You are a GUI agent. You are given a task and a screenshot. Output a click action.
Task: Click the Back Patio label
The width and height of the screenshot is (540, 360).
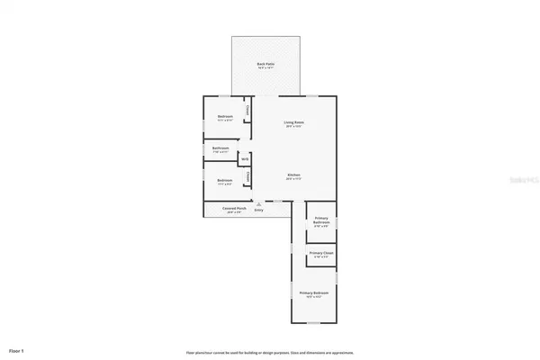tap(265, 64)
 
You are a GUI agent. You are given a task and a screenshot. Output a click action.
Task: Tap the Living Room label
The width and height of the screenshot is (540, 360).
tap(292, 121)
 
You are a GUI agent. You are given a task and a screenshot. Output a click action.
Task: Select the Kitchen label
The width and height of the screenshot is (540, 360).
tap(293, 175)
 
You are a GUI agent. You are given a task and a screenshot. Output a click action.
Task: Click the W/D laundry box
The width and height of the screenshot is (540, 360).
tap(243, 159)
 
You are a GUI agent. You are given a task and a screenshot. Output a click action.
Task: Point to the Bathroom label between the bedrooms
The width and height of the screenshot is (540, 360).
tap(220, 148)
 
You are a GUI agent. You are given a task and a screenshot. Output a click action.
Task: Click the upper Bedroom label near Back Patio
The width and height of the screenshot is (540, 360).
tap(225, 116)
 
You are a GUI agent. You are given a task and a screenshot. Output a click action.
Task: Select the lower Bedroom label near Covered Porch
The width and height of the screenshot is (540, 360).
tap(225, 181)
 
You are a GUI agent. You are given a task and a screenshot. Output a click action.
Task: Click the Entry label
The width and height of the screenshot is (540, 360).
tap(258, 210)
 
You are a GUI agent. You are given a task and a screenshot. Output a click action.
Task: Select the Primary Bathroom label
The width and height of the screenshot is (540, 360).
tap(321, 220)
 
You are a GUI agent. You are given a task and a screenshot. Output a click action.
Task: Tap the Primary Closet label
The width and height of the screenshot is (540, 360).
tap(321, 254)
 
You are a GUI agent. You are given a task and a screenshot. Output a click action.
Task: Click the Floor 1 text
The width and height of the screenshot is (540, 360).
tap(16, 349)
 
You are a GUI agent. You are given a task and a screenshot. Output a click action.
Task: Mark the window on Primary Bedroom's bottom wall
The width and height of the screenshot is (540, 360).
tap(314, 325)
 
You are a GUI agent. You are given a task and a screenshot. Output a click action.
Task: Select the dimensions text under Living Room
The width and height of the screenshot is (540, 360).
tap(292, 126)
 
